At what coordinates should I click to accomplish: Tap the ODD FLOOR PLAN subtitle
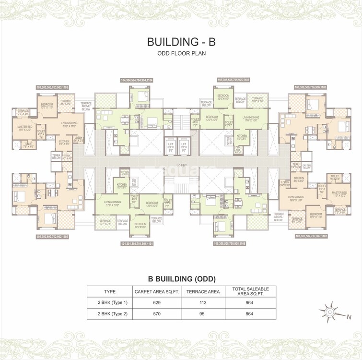click(181, 53)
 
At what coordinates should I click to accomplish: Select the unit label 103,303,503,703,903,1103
click(52, 87)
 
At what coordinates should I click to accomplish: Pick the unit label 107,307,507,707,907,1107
click(310, 236)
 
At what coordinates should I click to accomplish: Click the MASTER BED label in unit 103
click(22, 128)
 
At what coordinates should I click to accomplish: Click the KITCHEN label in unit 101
click(122, 186)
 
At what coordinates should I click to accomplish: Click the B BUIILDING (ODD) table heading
click(181, 278)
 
